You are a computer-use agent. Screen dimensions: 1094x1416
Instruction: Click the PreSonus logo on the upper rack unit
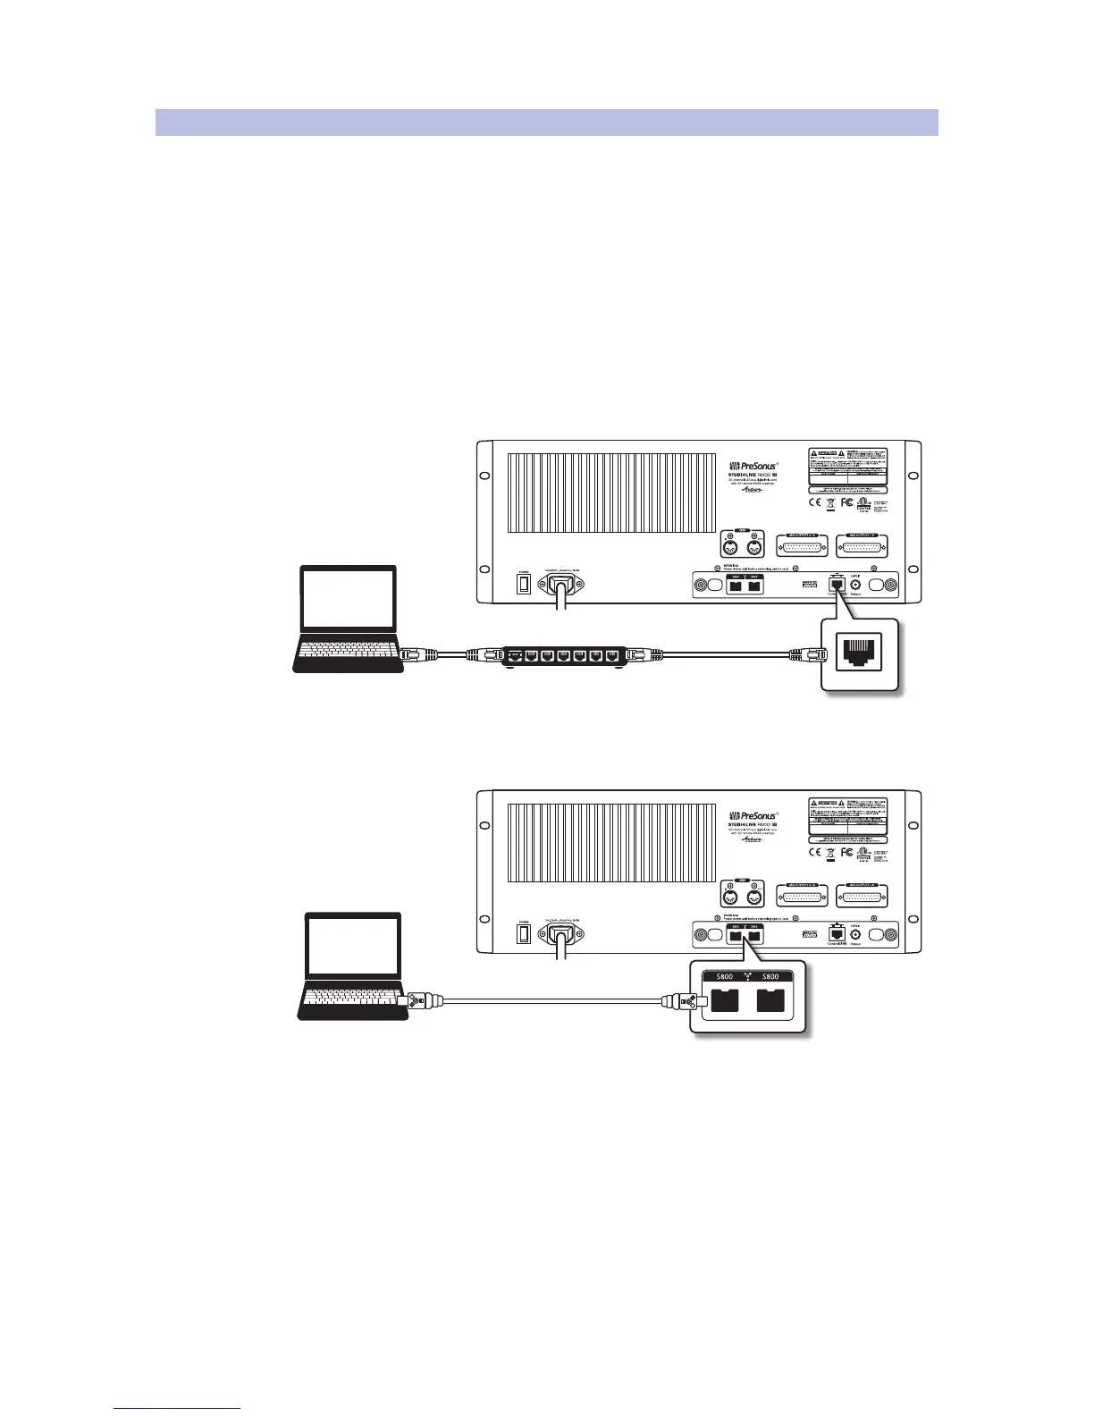750,466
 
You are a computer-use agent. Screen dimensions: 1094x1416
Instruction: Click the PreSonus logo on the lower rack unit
750,816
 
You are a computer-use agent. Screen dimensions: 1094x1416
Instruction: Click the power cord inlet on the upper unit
562,585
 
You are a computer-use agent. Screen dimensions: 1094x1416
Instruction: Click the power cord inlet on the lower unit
562,935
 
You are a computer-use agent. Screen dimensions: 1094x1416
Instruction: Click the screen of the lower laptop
353,947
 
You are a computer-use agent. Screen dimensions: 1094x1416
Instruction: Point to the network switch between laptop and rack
560,657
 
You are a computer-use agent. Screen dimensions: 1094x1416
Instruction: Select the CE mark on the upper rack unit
814,502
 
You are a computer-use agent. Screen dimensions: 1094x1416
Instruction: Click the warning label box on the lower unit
847,815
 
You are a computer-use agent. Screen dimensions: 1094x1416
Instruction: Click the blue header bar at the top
546,122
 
